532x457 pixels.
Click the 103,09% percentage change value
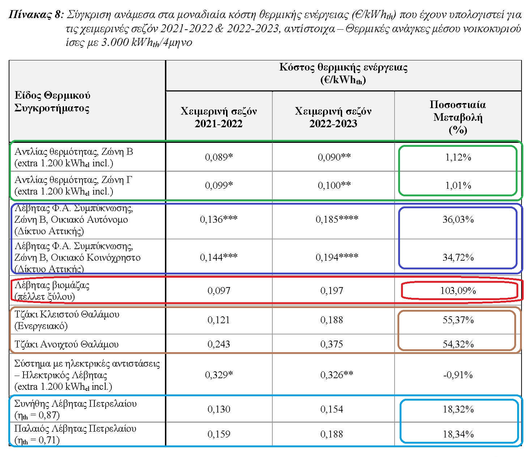pos(457,291)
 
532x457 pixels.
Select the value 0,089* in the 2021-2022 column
pos(219,157)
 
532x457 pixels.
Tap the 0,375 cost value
pos(331,344)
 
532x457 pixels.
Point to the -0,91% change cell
pos(457,375)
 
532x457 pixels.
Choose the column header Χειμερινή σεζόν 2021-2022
pos(218,117)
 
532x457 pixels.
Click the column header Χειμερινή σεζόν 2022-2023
pos(333,117)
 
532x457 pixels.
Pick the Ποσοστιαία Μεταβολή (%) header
pos(457,117)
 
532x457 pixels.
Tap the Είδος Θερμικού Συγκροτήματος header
pos(52,102)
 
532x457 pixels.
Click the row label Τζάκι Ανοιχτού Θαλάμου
pos(67,344)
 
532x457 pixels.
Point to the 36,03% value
pos(457,219)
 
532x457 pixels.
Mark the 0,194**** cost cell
pos(337,257)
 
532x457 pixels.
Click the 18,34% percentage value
pos(458,434)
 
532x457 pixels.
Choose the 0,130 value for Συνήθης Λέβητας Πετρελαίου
pos(219,409)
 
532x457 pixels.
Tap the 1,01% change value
pos(458,185)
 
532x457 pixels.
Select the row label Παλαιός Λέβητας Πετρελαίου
pos(75,429)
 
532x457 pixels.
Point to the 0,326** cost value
pos(336,375)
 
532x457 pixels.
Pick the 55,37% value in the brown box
pos(458,320)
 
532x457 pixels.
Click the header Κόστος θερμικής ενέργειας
pos(343,68)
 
